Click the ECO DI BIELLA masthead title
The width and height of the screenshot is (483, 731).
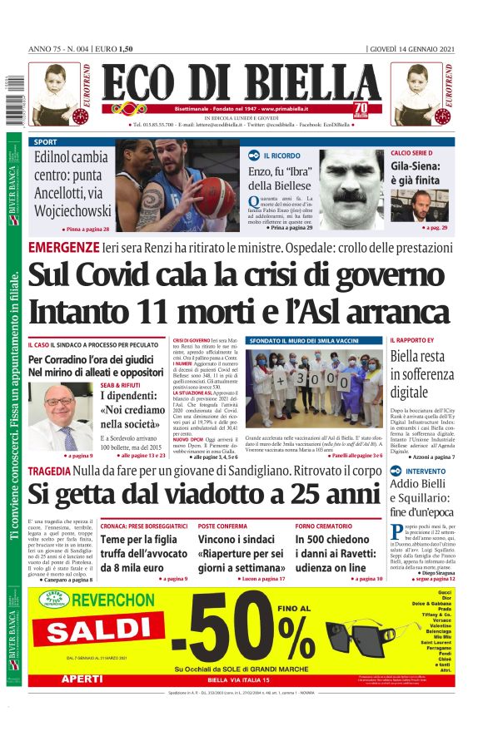[x=242, y=83]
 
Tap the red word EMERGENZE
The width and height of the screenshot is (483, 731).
[x=63, y=248]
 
